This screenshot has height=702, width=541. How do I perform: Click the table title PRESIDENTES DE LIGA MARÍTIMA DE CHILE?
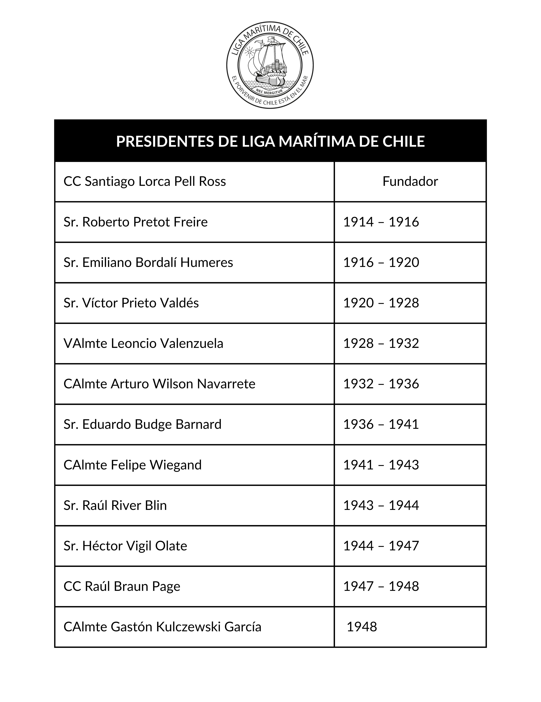(x=270, y=141)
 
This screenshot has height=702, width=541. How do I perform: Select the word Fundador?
(x=410, y=182)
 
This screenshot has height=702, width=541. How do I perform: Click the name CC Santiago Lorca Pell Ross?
(x=145, y=182)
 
